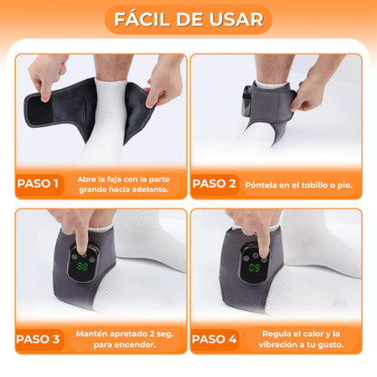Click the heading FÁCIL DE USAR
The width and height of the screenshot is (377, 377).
pyautogui.click(x=188, y=20)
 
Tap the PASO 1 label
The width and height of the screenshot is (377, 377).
pyautogui.click(x=37, y=184)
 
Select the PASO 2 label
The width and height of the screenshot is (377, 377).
pyautogui.click(x=214, y=184)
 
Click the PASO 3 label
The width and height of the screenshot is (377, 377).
pyautogui.click(x=37, y=339)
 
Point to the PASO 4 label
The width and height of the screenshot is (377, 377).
pyautogui.click(x=214, y=339)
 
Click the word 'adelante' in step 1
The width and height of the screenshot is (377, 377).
pyautogui.click(x=150, y=189)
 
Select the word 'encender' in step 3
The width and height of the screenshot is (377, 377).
pyautogui.click(x=137, y=344)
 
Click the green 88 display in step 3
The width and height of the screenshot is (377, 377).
pyautogui.click(x=82, y=266)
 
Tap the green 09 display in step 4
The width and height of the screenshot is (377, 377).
pyautogui.click(x=255, y=267)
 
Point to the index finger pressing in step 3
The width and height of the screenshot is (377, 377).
pyautogui.click(x=81, y=238)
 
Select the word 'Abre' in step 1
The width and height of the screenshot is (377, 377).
pyautogui.click(x=84, y=179)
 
